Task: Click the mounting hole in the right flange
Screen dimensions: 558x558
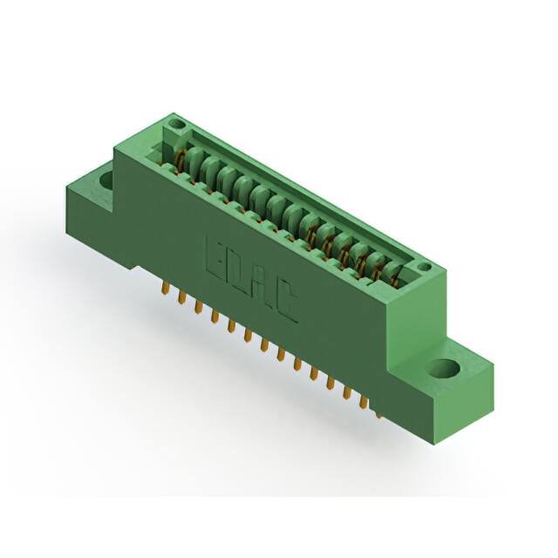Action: tap(443, 368)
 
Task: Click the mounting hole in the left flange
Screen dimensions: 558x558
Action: tap(106, 180)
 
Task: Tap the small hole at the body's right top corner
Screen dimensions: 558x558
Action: tap(423, 267)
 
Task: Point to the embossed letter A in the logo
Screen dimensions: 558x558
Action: tap(262, 288)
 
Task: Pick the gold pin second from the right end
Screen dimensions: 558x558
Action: tap(363, 399)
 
